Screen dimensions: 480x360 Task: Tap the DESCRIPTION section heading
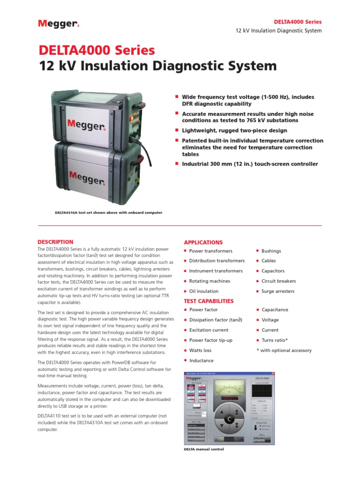[x=55, y=242]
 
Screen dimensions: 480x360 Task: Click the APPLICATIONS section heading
[x=203, y=242]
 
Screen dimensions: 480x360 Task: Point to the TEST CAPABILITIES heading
[x=209, y=301]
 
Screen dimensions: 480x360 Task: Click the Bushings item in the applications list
[x=271, y=251]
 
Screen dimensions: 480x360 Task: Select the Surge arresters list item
[x=278, y=292]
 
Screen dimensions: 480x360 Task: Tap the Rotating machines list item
[x=210, y=281]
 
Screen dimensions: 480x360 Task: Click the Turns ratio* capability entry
[x=275, y=340]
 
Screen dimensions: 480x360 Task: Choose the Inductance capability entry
[x=201, y=360]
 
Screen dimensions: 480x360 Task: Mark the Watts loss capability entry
[x=200, y=350]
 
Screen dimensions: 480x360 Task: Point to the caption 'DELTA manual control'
[x=203, y=450]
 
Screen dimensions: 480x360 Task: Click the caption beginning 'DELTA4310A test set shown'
[x=109, y=212]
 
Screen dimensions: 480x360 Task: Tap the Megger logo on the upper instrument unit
[x=86, y=124]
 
